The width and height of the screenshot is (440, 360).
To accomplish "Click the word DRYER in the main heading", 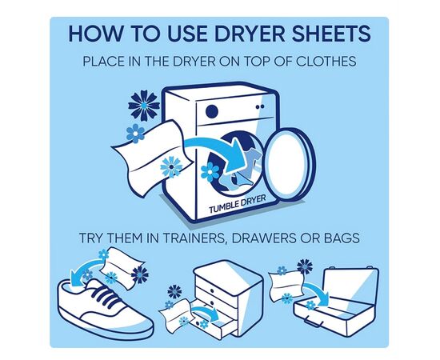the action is click(249, 33).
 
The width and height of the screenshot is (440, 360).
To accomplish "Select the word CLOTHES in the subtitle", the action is click(326, 61).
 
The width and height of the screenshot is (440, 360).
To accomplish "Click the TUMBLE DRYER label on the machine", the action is click(237, 204).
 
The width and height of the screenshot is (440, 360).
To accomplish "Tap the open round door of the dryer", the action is click(290, 164).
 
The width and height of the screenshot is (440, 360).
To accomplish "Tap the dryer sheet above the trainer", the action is click(122, 265).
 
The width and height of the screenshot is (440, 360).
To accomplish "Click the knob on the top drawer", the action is click(212, 290).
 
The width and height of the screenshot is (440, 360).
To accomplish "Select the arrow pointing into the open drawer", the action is click(206, 311).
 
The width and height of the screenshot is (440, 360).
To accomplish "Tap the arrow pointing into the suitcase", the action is click(316, 291).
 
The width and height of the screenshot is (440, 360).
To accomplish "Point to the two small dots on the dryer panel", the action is click(260, 106).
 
